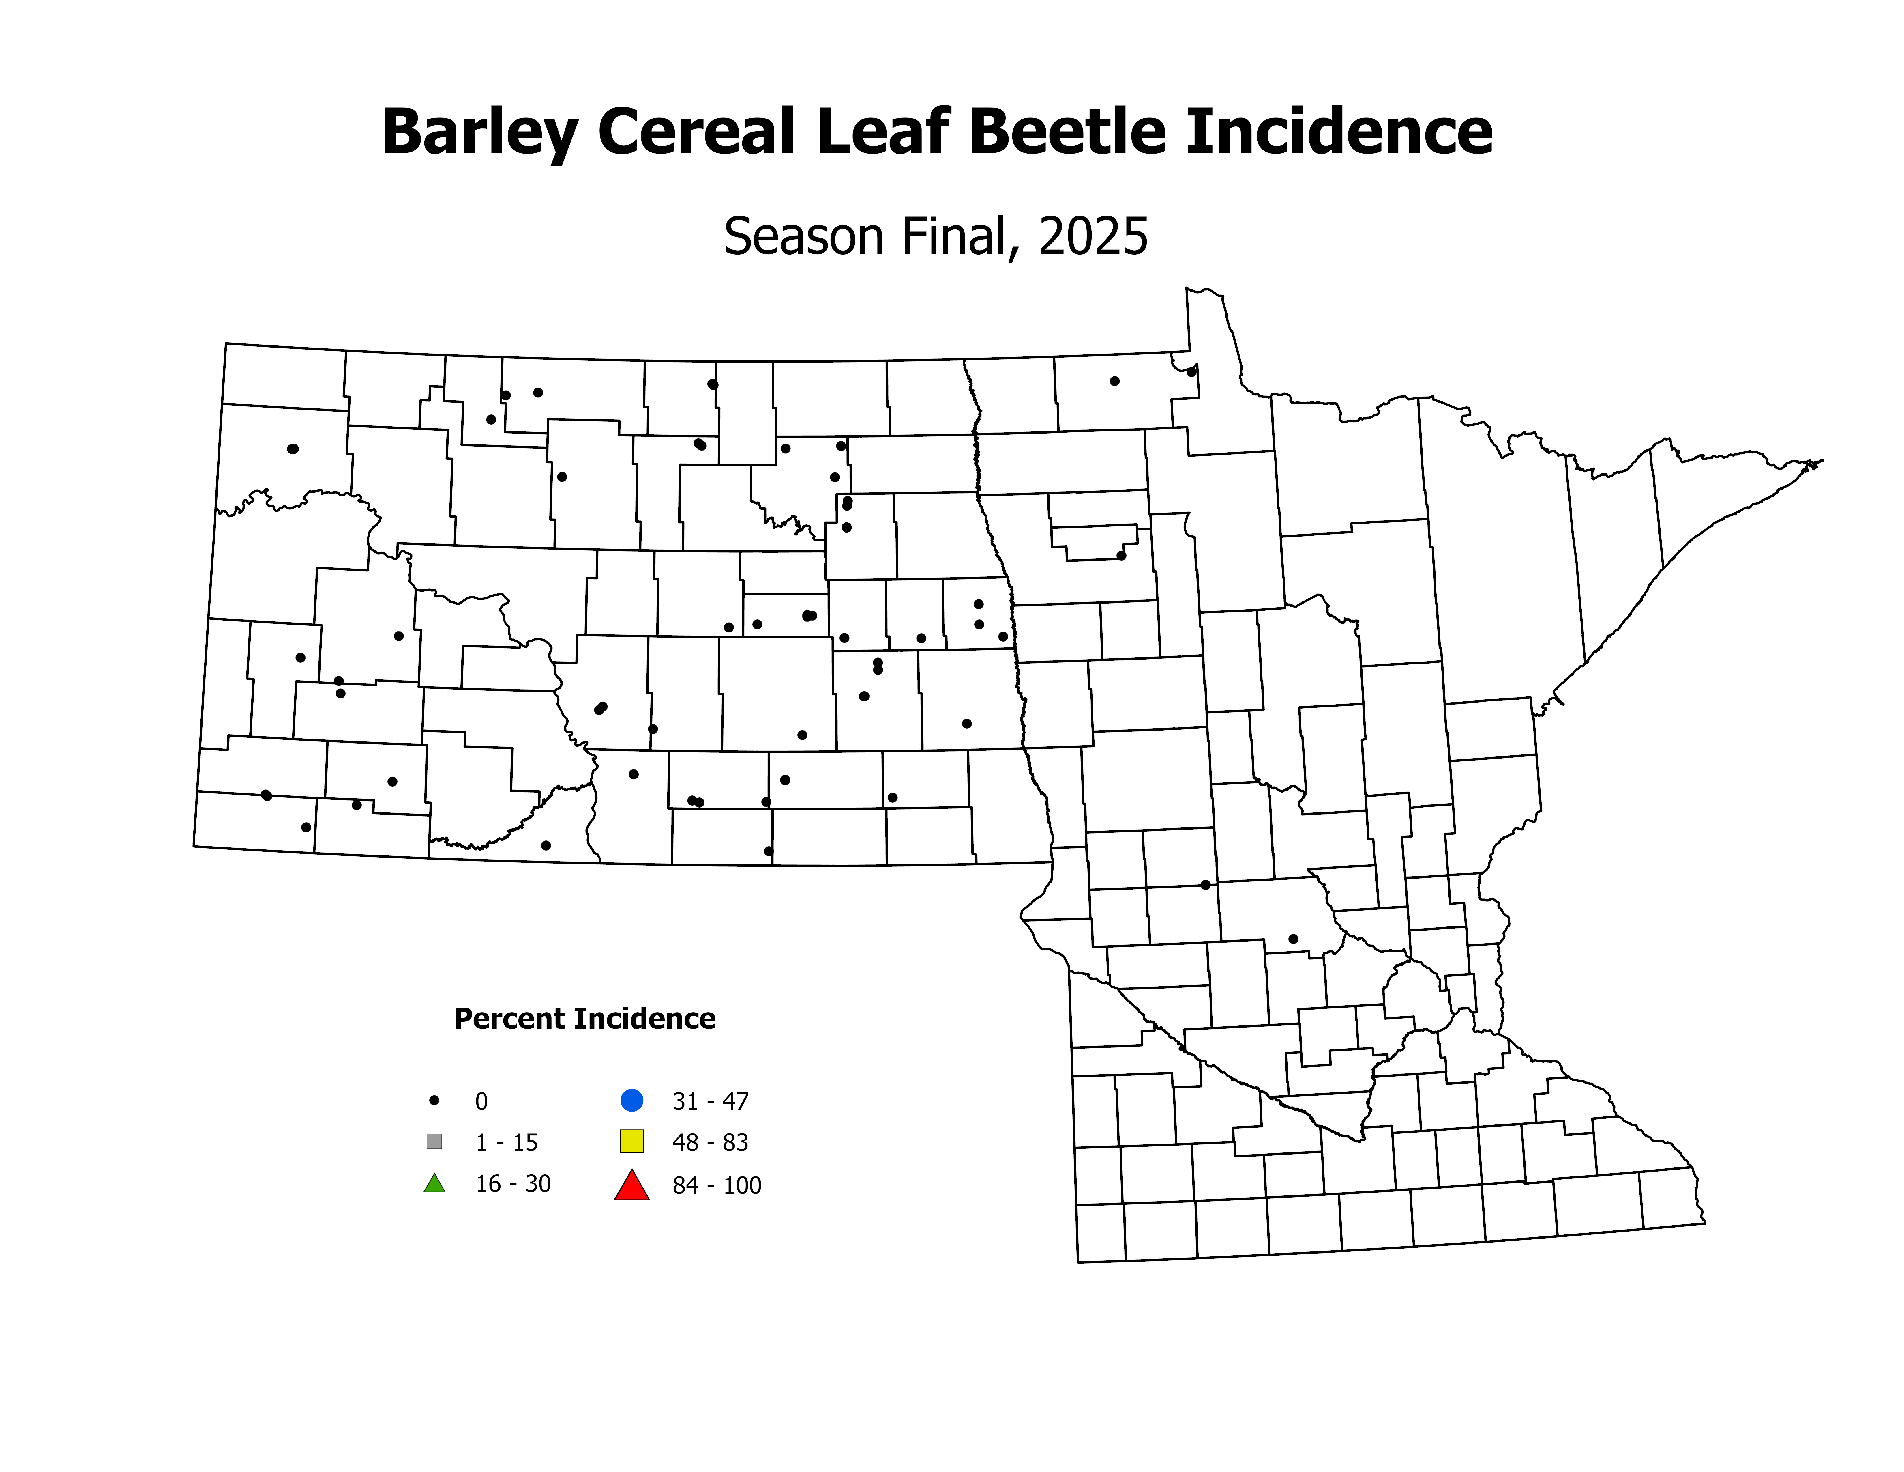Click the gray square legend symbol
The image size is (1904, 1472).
coord(434,1142)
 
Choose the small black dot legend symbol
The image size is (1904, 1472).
coord(434,1101)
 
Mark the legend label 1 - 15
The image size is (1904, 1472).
coord(507,1142)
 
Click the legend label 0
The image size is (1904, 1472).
coord(481,1101)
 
